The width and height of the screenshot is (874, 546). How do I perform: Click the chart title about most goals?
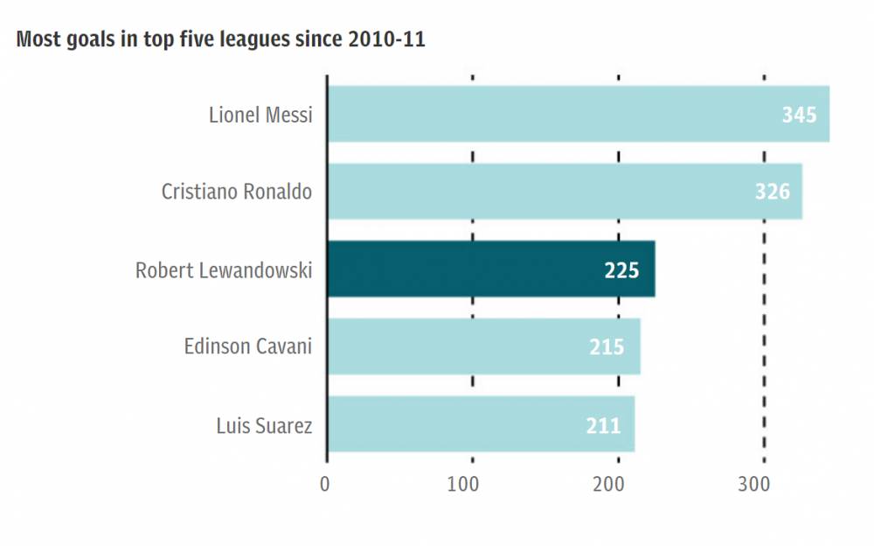pyautogui.click(x=220, y=39)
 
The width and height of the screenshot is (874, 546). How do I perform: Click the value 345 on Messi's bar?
pyautogui.click(x=799, y=115)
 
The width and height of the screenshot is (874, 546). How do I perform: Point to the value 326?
pyautogui.click(x=773, y=192)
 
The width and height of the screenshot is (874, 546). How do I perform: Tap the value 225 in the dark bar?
pyautogui.click(x=621, y=269)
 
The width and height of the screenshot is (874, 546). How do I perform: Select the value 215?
pyautogui.click(x=607, y=347)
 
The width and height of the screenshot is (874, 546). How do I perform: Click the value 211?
pyautogui.click(x=603, y=425)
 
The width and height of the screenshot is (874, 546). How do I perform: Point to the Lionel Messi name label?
pyautogui.click(x=260, y=115)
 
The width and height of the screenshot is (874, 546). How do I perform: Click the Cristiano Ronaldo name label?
pyautogui.click(x=237, y=192)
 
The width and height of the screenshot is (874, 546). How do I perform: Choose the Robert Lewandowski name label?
pyautogui.click(x=224, y=269)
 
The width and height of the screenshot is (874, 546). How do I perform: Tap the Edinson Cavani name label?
pyautogui.click(x=248, y=347)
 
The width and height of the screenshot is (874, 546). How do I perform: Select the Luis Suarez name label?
pyautogui.click(x=264, y=425)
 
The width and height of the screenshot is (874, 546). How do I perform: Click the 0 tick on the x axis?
pyautogui.click(x=325, y=484)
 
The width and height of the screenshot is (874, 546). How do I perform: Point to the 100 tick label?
pyautogui.click(x=472, y=484)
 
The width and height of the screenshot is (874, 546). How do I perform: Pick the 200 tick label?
pyautogui.click(x=618, y=484)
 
